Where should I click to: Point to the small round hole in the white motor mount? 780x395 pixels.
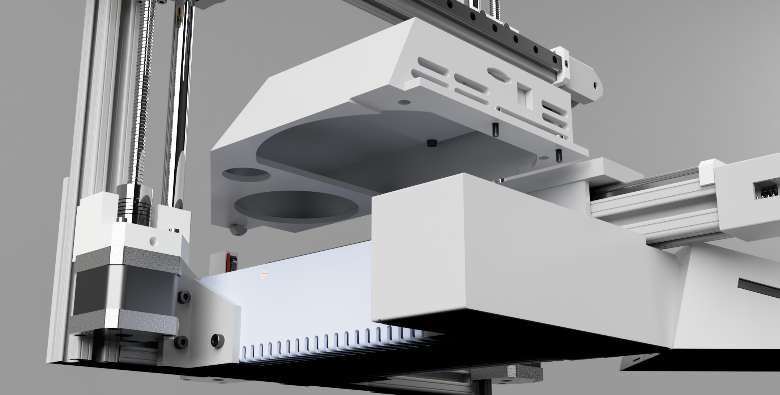[154, 240]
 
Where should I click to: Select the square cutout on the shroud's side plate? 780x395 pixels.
[522, 94]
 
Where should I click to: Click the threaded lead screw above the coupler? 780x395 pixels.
[139, 109]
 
